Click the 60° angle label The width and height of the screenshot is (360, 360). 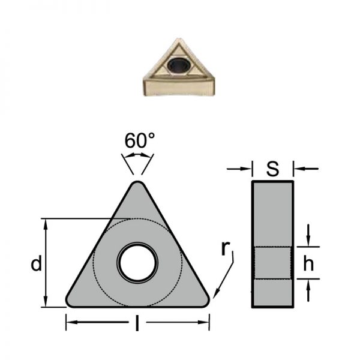140,140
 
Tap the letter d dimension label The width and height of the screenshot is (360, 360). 37,263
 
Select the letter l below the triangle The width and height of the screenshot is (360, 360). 137,323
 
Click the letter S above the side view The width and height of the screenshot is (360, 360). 273,169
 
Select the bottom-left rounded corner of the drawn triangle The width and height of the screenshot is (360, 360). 68,302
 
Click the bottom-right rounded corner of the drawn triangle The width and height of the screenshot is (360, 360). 207,302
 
